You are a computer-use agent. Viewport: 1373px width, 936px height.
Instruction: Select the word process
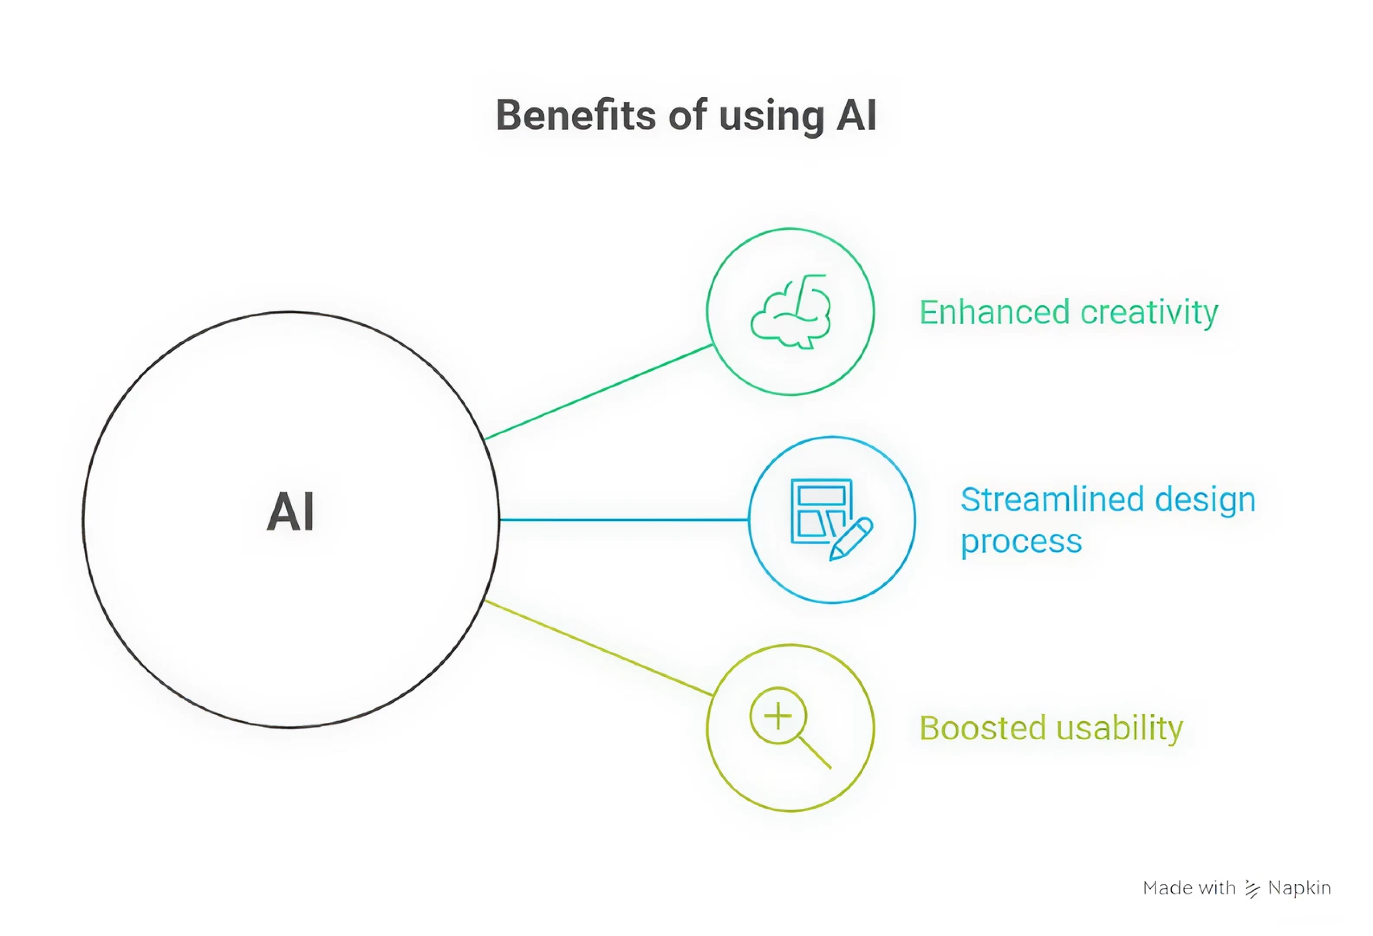click(1021, 541)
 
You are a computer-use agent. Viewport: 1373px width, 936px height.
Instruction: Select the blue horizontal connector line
click(623, 520)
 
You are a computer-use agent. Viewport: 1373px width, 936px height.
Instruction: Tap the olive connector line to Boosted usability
click(598, 648)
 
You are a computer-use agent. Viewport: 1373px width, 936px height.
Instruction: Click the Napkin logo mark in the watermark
click(1251, 888)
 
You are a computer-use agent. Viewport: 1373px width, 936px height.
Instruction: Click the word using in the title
click(771, 116)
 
